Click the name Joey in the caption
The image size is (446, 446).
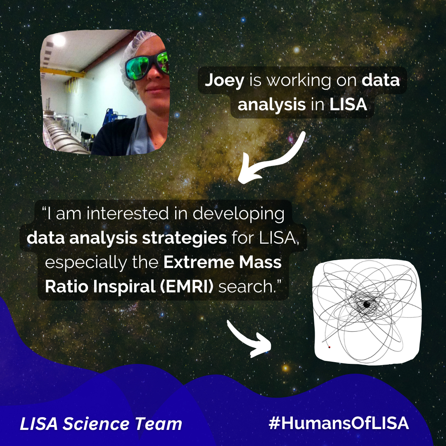(x=224, y=81)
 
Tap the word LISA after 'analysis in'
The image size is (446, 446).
(x=348, y=104)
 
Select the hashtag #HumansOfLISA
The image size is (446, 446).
(x=339, y=423)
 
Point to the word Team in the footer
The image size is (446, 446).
(x=159, y=424)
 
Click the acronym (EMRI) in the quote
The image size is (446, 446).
(x=186, y=287)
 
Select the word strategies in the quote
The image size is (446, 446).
(x=184, y=238)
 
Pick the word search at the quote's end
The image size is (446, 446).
(x=246, y=287)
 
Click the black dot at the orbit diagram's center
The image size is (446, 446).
(x=367, y=304)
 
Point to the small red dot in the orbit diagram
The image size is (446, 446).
(x=330, y=347)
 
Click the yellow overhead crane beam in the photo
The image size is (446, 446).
(x=63, y=72)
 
